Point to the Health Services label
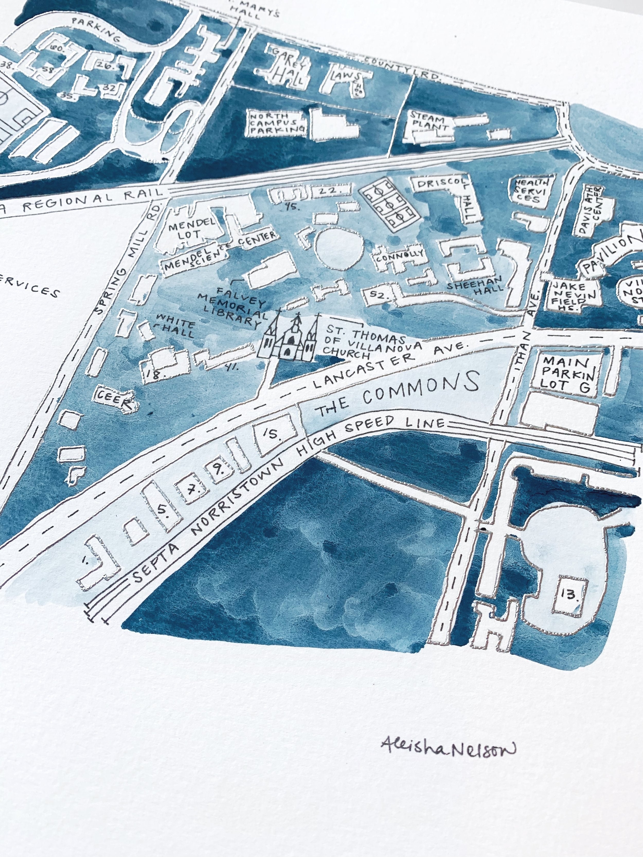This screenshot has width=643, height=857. [532, 191]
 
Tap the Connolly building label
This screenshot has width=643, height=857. [399, 256]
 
